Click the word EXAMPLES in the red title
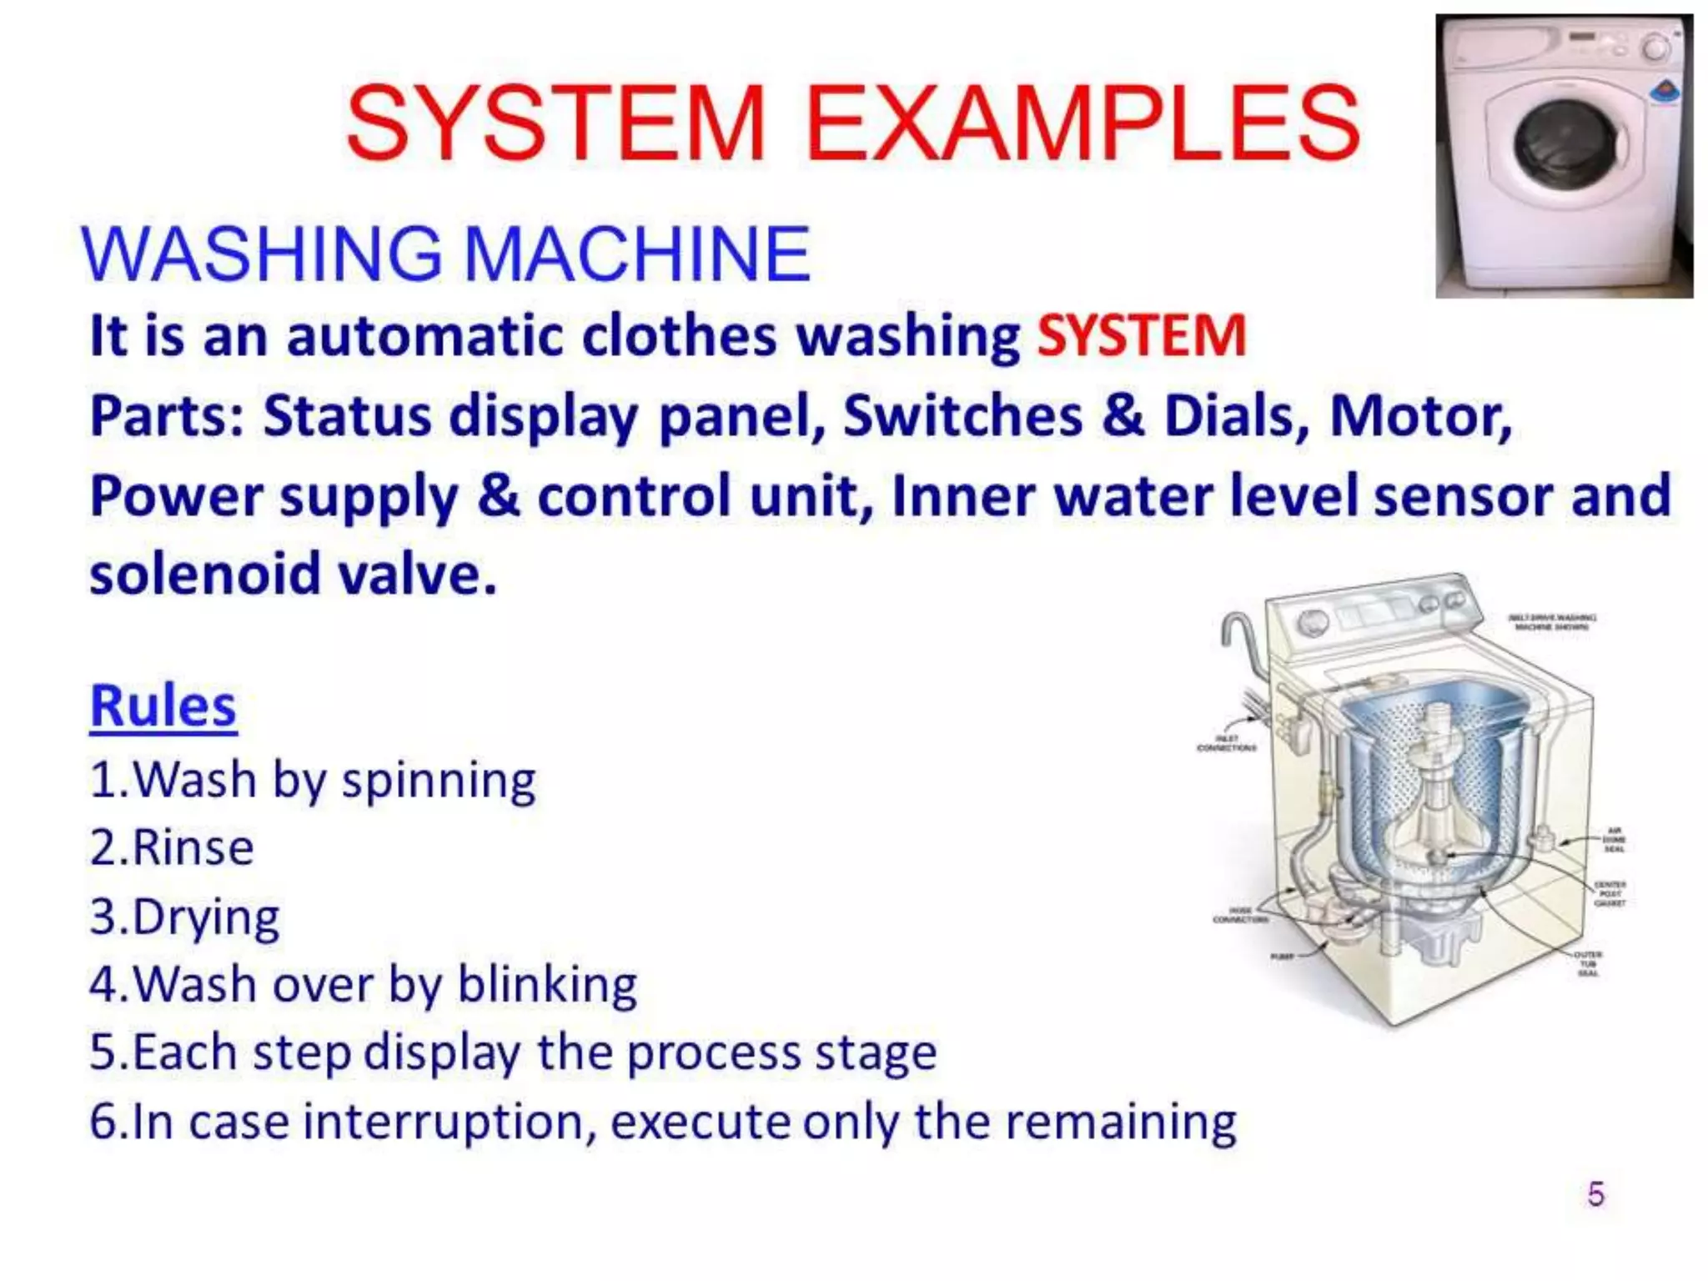point(1083,123)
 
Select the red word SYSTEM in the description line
point(1141,335)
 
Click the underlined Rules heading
point(163,706)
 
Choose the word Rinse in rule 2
point(193,848)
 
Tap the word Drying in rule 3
point(205,917)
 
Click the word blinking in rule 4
point(547,985)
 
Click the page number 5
point(1595,1194)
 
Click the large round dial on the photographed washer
point(1655,48)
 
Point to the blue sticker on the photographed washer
point(1665,92)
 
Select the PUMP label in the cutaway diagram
point(1281,957)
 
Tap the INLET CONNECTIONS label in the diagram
point(1226,743)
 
